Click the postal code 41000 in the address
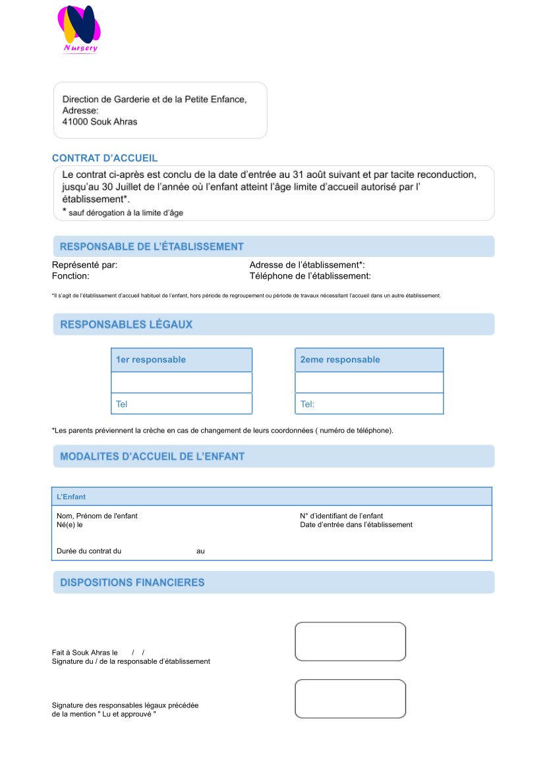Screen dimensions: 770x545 click(x=75, y=122)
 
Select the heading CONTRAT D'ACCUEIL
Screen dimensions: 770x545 click(x=105, y=158)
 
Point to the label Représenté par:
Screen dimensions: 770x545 click(x=84, y=265)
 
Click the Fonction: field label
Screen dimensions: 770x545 click(x=71, y=276)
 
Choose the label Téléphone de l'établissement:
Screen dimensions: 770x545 click(x=310, y=276)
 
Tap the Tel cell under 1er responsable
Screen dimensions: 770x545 click(x=181, y=404)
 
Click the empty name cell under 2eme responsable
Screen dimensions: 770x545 click(x=368, y=382)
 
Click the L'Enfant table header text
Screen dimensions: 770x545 click(x=71, y=497)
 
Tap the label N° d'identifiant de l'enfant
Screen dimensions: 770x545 click(x=341, y=516)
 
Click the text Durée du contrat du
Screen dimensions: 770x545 click(x=86, y=551)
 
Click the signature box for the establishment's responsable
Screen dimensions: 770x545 click(x=350, y=641)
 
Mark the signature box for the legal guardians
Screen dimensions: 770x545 click(x=350, y=698)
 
